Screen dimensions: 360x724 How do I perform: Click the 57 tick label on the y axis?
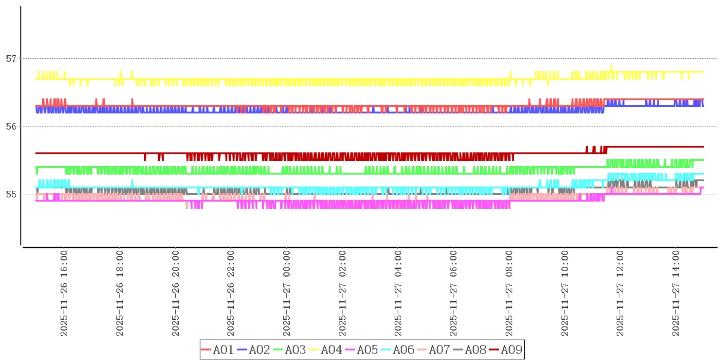pyautogui.click(x=11, y=59)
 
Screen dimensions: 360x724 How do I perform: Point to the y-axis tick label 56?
pyautogui.click(x=11, y=127)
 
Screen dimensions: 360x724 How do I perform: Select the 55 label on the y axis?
pyautogui.click(x=11, y=194)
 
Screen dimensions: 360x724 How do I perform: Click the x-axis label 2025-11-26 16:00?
pyautogui.click(x=64, y=294)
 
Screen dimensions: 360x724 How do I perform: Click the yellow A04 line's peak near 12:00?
pyautogui.click(x=611, y=65)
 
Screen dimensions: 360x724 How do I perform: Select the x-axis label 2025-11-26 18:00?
pyautogui.click(x=120, y=294)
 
